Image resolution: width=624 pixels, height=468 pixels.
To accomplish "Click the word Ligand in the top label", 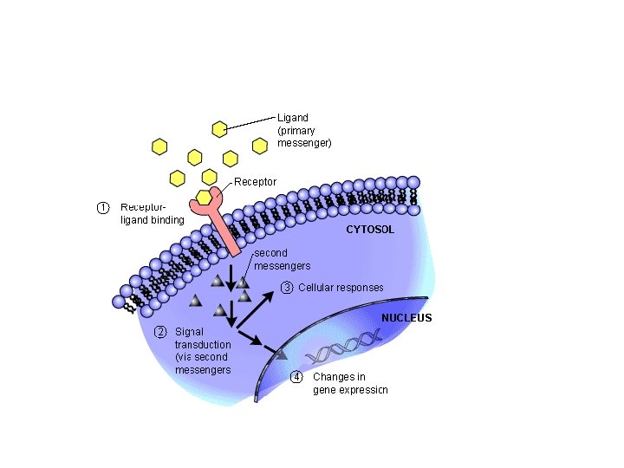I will (292, 117).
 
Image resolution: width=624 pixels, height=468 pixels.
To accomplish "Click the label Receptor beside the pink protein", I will (255, 182).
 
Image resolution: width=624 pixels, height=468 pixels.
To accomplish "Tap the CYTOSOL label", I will (370, 230).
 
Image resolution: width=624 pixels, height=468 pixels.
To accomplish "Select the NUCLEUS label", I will (406, 318).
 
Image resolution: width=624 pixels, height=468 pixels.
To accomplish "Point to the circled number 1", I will (103, 207).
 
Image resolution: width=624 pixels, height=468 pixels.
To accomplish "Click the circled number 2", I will (160, 332).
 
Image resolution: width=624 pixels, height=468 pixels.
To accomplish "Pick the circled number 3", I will (287, 288).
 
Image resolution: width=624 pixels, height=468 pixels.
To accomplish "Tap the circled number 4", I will (297, 377).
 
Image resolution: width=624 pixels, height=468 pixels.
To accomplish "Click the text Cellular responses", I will (341, 288).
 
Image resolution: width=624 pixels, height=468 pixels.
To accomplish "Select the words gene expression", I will (350, 390).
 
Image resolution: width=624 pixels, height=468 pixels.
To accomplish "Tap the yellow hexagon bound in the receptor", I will (205, 198).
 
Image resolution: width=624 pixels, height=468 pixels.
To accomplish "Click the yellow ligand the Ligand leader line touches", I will (220, 129).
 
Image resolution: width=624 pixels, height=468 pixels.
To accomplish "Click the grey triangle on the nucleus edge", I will (280, 353).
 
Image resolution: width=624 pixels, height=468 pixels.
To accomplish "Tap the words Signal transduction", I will (203, 338).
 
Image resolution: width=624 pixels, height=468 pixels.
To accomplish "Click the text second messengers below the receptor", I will (282, 259).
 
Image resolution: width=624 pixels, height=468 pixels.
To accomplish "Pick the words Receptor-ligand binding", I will (152, 213).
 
